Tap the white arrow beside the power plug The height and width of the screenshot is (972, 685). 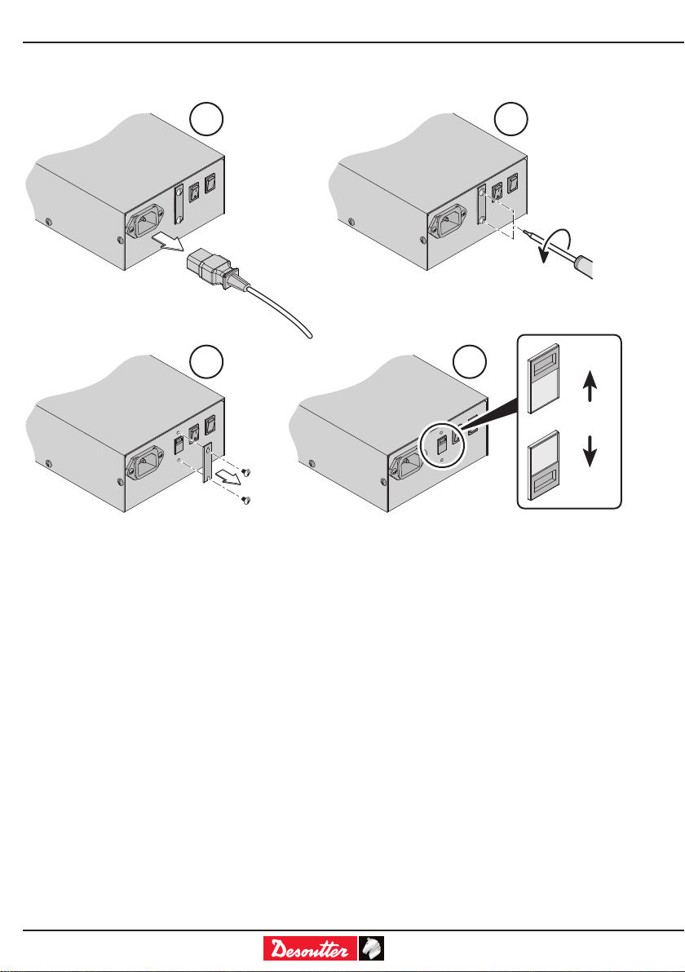(166, 241)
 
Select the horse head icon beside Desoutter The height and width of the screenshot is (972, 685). (372, 948)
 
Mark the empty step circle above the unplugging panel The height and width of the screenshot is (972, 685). (204, 119)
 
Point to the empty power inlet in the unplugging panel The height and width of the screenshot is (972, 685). (144, 222)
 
